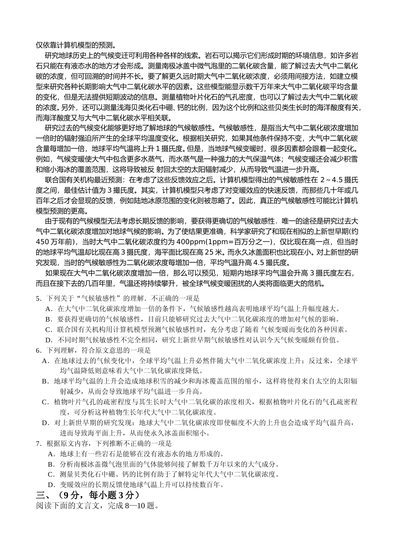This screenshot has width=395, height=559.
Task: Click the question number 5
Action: coord(38,298)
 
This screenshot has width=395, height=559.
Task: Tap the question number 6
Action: coord(38,350)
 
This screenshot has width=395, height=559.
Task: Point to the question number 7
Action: coord(38,443)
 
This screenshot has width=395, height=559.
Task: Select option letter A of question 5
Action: coord(49,309)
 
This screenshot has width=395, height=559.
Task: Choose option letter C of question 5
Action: coord(49,329)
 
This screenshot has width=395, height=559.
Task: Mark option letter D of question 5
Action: coord(49,340)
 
